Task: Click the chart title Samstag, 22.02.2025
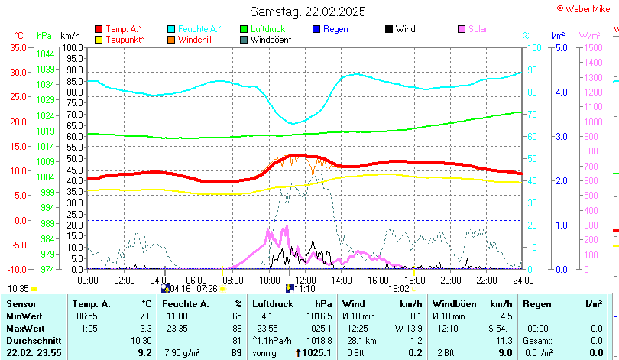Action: [308, 11]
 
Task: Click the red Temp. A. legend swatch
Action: [99, 29]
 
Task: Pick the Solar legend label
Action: [478, 29]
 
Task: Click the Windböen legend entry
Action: [271, 39]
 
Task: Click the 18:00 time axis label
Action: [414, 279]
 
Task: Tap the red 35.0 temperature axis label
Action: [17, 47]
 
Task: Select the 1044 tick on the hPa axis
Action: [45, 54]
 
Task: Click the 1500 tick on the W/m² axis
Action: [592, 47]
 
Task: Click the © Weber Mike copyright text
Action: [587, 8]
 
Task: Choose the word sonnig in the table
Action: [266, 353]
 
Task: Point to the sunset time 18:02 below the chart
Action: [399, 288]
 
